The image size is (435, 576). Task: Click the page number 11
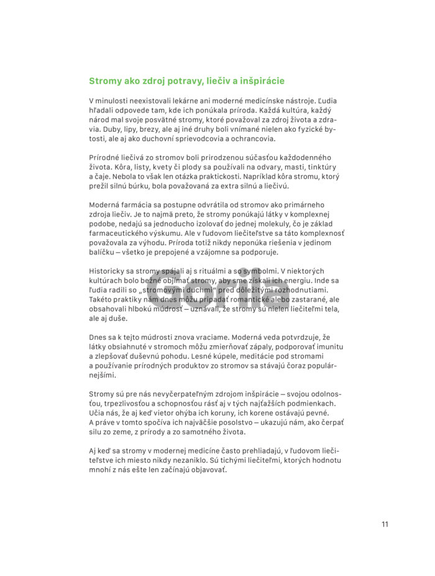pyautogui.click(x=385, y=524)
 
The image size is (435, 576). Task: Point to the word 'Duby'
pyautogui.click(x=99, y=129)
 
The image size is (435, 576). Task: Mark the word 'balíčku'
pyautogui.click(x=103, y=253)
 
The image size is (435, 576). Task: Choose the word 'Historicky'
pyautogui.click(x=109, y=271)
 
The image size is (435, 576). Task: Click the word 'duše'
pyautogui.click(x=119, y=318)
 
